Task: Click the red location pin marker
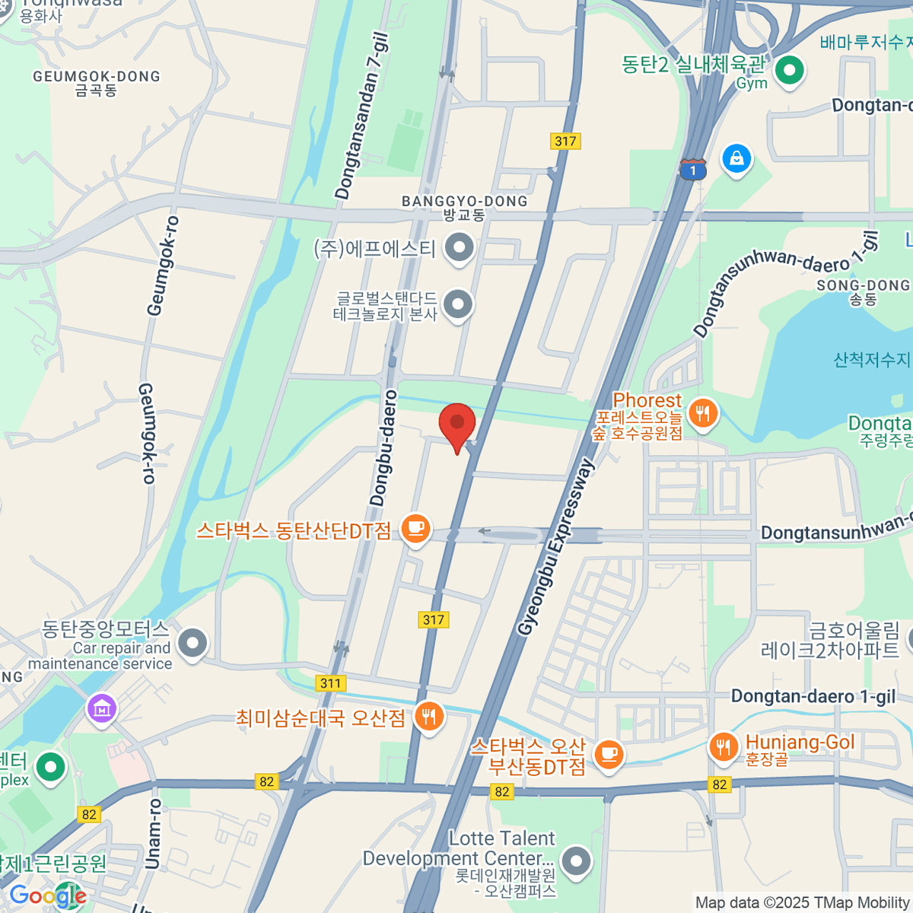(457, 425)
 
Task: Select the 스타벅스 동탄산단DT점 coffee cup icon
(415, 527)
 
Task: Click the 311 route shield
(330, 683)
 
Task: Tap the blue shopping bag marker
(736, 159)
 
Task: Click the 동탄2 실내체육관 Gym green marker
(789, 72)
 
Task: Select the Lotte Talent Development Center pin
(576, 862)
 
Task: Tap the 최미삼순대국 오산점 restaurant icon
(429, 717)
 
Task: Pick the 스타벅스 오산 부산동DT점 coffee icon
(608, 754)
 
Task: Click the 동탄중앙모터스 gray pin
(192, 643)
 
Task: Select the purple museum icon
(102, 708)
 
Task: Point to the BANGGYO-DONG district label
(464, 202)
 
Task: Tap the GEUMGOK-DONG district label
(97, 77)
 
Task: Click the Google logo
(47, 896)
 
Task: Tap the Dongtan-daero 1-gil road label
(813, 696)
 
